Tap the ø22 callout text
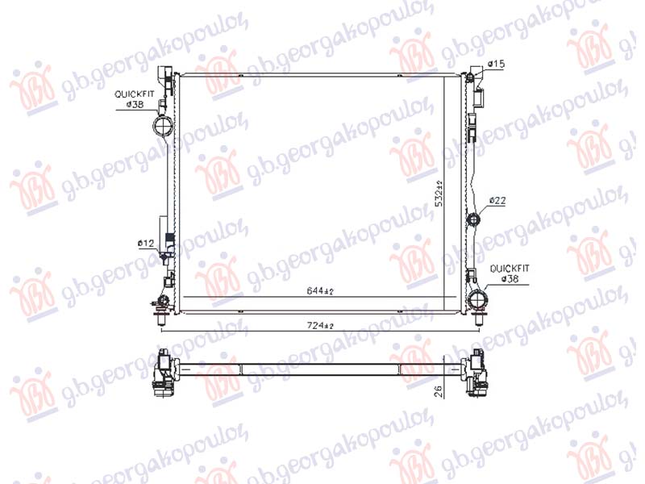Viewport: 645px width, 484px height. pyautogui.click(x=497, y=201)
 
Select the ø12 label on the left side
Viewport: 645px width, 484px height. pyautogui.click(x=145, y=242)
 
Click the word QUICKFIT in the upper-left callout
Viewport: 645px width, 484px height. pyautogui.click(x=134, y=94)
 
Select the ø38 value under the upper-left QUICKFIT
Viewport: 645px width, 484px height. pyautogui.click(x=133, y=105)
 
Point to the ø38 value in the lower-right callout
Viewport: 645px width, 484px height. pyautogui.click(x=510, y=280)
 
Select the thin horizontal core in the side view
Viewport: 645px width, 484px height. pyautogui.click(x=321, y=368)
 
